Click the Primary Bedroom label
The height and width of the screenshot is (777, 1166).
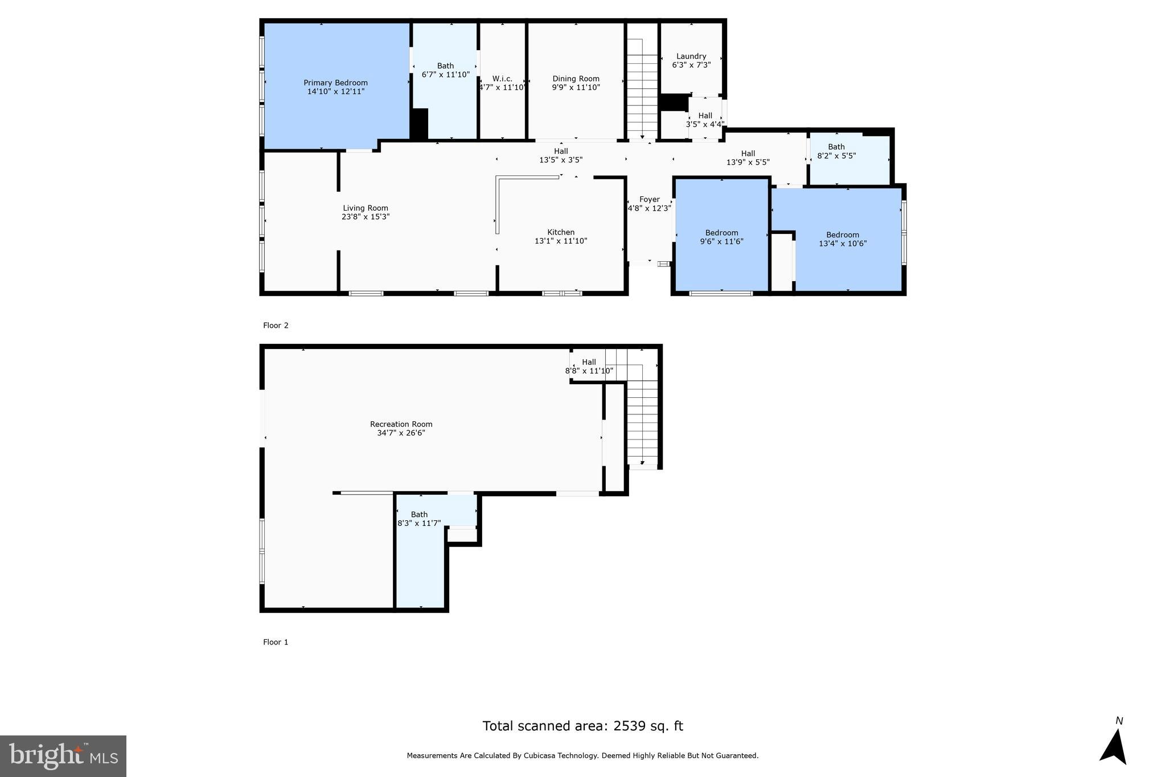point(335,83)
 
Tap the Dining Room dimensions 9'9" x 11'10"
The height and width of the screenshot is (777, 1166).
point(576,88)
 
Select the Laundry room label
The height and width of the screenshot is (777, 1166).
point(691,56)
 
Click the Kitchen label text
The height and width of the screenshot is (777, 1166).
point(561,232)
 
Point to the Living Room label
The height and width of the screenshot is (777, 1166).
point(366,208)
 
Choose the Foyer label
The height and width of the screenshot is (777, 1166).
point(649,199)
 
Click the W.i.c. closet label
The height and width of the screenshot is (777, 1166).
point(502,79)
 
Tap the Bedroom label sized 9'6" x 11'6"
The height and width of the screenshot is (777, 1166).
point(721,233)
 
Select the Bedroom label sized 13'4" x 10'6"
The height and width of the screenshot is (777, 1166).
point(843,235)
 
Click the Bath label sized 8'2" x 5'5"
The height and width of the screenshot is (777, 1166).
point(836,147)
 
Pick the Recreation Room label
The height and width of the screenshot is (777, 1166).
point(401,424)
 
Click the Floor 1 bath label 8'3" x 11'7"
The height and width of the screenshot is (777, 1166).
point(419,515)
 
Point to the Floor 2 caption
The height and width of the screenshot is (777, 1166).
point(276,326)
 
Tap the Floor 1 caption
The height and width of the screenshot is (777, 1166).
point(276,642)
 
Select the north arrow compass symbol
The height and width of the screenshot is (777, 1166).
point(1114,746)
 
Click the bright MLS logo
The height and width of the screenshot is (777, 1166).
point(63,756)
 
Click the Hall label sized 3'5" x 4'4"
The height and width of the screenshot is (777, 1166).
point(705,116)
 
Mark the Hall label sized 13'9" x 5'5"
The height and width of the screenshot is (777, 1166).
point(748,154)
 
